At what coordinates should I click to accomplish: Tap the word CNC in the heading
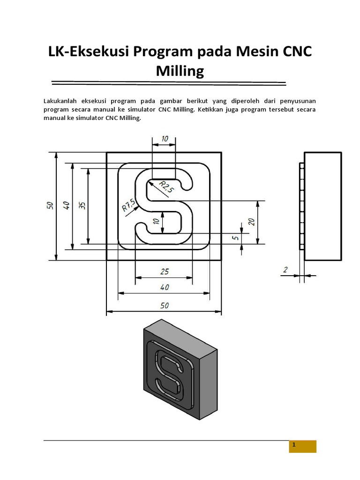(x=291, y=52)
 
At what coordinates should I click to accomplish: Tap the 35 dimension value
(x=82, y=205)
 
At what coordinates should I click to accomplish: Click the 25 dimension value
(x=164, y=271)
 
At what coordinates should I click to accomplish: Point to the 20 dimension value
(x=252, y=222)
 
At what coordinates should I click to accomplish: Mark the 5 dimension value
(x=236, y=238)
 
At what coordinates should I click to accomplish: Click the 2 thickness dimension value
(x=285, y=270)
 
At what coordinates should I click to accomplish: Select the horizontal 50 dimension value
(x=164, y=305)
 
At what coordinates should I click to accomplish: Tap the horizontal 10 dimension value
(x=164, y=139)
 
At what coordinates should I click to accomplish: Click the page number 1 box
(x=302, y=446)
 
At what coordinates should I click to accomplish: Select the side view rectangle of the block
(x=322, y=206)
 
